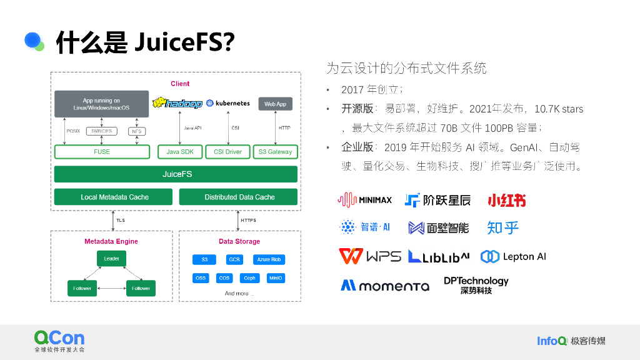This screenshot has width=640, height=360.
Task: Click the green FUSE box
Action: [102, 152]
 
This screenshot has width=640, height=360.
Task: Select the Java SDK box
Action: [180, 152]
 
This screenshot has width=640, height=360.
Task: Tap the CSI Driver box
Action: [227, 152]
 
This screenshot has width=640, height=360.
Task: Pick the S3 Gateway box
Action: [276, 152]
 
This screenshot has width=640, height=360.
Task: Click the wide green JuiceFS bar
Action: [176, 174]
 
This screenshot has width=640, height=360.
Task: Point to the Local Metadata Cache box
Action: [114, 197]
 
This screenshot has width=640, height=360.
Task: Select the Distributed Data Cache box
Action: [239, 197]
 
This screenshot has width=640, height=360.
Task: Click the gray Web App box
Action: [276, 104]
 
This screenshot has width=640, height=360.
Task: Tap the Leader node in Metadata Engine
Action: [112, 259]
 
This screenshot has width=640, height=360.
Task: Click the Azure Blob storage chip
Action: [269, 259]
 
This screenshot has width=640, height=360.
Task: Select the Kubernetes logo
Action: [228, 103]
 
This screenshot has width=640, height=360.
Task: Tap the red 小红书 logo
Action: [506, 200]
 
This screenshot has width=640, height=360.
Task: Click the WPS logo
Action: [369, 256]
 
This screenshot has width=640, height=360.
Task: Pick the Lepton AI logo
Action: [513, 256]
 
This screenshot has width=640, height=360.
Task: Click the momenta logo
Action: [384, 286]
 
